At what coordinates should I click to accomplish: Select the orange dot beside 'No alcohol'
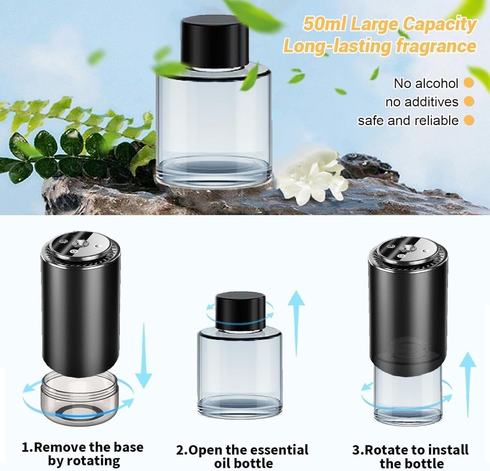[469, 83]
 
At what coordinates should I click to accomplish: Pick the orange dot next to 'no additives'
[469, 101]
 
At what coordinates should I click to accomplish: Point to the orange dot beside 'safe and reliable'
[469, 120]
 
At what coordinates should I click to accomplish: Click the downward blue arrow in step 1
[144, 356]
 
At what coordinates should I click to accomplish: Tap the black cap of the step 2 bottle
[240, 310]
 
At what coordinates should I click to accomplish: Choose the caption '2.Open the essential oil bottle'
[242, 456]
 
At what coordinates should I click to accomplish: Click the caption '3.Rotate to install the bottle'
[411, 456]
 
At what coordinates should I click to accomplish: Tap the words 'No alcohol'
[426, 83]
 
